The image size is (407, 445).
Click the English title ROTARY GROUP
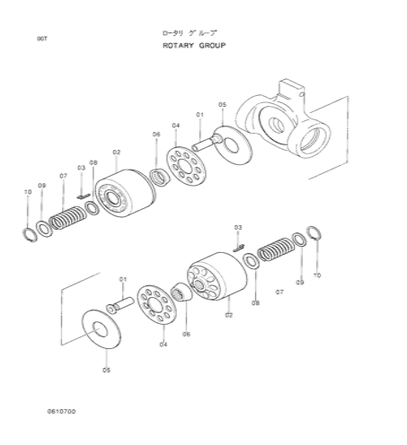click(x=194, y=46)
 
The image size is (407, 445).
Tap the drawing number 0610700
click(x=61, y=411)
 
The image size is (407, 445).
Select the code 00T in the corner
click(x=42, y=39)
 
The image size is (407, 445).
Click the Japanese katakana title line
click(x=189, y=33)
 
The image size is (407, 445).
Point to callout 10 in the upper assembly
click(x=28, y=192)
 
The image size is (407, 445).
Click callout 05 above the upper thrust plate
click(x=222, y=105)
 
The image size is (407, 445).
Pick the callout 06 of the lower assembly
click(x=186, y=334)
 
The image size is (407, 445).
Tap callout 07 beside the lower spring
click(x=279, y=292)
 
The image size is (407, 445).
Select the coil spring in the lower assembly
click(x=276, y=249)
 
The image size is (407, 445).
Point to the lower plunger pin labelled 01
click(x=120, y=305)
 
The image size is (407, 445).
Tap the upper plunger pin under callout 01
click(x=207, y=143)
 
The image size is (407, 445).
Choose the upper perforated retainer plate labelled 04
click(x=186, y=166)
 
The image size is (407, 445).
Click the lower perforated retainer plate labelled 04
click(x=156, y=304)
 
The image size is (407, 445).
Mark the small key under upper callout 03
click(x=84, y=196)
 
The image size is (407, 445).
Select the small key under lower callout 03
click(x=239, y=248)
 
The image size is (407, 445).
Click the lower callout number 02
click(x=228, y=315)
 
